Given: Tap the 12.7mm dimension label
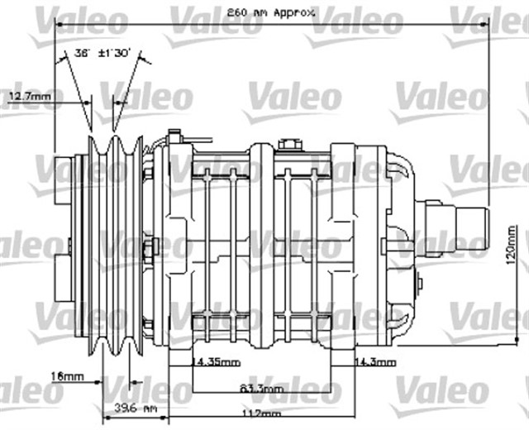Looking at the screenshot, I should [x=29, y=97].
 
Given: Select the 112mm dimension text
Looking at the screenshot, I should [x=262, y=413].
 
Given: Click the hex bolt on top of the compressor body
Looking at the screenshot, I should [x=289, y=146].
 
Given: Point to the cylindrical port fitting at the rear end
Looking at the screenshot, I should [x=468, y=223].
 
